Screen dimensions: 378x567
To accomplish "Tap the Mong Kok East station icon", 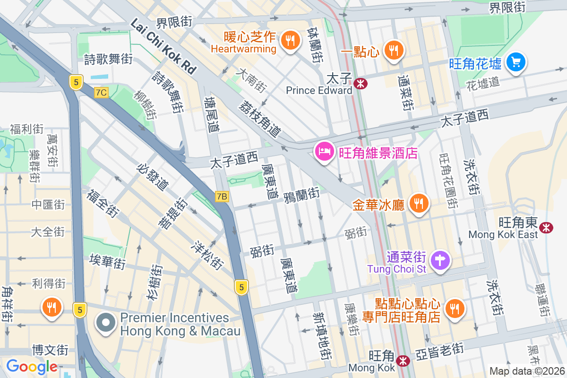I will [x=547, y=227].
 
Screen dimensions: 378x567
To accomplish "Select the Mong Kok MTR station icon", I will [x=403, y=361].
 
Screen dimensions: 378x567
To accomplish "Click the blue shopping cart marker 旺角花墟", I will [x=515, y=62].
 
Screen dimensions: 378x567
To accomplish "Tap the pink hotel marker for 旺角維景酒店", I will [x=324, y=153].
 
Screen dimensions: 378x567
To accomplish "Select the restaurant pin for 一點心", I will [x=393, y=50].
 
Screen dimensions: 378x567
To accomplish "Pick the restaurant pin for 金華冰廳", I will [x=418, y=203].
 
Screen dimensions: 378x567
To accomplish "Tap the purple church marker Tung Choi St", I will [x=440, y=259].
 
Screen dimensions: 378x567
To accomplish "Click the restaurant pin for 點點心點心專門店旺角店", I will [x=455, y=309].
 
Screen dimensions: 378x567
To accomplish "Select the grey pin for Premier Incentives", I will [x=106, y=324].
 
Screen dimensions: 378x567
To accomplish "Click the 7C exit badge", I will [x=101, y=93].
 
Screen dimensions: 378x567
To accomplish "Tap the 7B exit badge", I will [x=222, y=197].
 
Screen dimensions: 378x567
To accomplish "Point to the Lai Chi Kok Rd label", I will [x=163, y=46].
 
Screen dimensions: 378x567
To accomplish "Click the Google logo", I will [x=32, y=366].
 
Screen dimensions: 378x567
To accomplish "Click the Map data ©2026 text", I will [x=527, y=371].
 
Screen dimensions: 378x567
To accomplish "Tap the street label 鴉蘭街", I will [x=301, y=194].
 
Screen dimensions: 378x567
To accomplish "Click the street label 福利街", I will [x=26, y=129].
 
